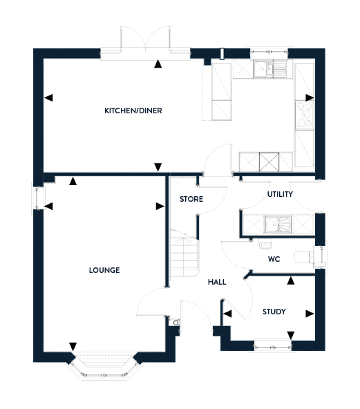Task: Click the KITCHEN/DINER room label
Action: [133, 111]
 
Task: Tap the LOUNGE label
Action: [104, 270]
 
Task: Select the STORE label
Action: [191, 199]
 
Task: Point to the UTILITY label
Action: [280, 194]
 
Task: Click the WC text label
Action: [274, 259]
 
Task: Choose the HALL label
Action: [217, 282]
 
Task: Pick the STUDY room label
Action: [274, 312]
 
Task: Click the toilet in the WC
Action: [305, 257]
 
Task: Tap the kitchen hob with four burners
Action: [305, 115]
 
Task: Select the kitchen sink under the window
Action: [269, 69]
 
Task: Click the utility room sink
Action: [278, 224]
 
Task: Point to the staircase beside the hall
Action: [184, 253]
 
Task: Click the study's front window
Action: [273, 347]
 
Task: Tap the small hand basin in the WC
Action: [265, 245]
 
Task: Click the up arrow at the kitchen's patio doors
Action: [158, 64]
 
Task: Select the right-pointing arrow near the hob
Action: [310, 98]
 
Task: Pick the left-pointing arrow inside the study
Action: [227, 314]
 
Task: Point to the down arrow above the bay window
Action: [73, 347]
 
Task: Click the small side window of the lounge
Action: [38, 198]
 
